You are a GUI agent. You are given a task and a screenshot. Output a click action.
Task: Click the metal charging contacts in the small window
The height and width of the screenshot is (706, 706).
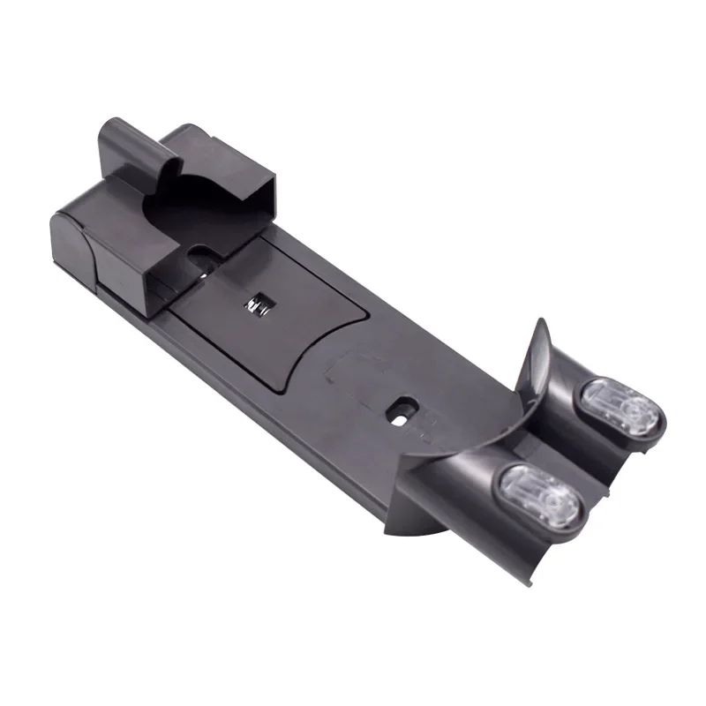point(258,304)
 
